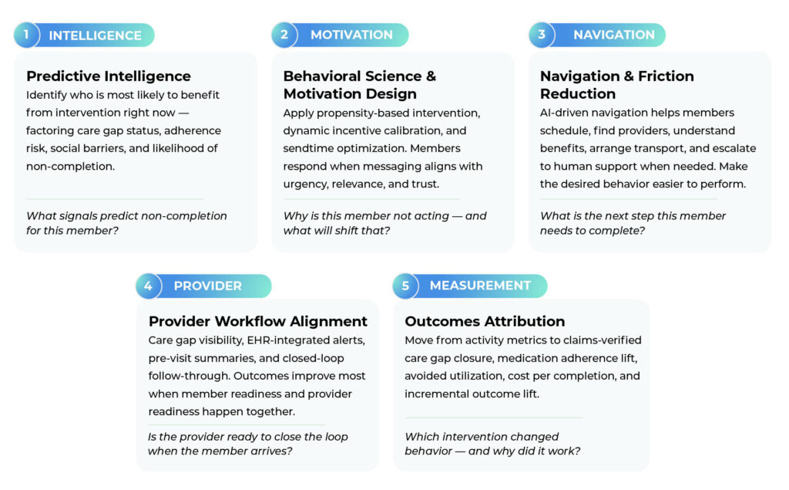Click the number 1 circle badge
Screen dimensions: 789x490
(26, 35)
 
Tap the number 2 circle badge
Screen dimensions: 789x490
(284, 35)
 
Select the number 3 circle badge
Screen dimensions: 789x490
(542, 35)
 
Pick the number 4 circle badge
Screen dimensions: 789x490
(149, 286)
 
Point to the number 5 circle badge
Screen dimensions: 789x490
(405, 286)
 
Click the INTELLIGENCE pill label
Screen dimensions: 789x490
(95, 35)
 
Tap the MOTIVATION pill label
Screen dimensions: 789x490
(351, 35)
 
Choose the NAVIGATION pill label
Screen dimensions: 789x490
(614, 35)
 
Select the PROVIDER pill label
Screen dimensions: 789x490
(208, 286)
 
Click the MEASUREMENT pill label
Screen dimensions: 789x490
(480, 286)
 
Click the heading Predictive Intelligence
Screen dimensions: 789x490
(109, 76)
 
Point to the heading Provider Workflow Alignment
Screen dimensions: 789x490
(258, 322)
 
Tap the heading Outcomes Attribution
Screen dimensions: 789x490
(485, 322)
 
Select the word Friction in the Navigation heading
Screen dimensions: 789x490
(666, 76)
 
